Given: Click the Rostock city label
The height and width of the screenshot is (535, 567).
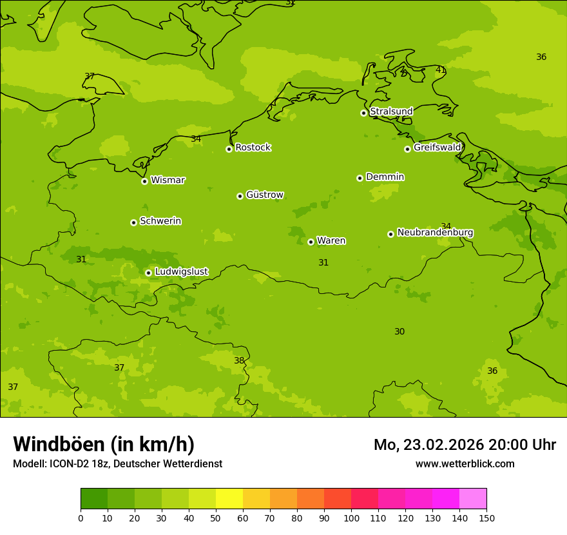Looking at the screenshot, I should tap(253, 148).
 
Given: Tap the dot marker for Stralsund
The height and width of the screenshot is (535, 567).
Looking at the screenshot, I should tap(363, 113).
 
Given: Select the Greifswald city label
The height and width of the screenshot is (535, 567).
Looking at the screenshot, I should tap(437, 148).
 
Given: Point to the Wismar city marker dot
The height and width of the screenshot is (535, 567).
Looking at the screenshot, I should tap(144, 181).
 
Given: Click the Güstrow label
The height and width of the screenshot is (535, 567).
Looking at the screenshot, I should tap(264, 195).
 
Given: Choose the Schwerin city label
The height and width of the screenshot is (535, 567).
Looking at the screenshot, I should tap(160, 221).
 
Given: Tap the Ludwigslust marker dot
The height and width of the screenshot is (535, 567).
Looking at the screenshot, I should tap(148, 273).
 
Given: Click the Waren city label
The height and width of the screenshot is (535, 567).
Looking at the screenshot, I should tap(331, 240).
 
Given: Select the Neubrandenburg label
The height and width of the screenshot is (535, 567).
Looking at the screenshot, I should tap(435, 233).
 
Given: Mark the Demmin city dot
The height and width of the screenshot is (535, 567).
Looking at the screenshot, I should tap(360, 178).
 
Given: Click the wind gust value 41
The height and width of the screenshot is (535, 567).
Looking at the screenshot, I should tap(441, 70).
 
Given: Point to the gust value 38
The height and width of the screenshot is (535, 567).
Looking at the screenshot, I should tap(239, 360).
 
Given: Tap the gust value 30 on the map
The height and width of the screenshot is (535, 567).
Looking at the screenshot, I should tap(399, 331).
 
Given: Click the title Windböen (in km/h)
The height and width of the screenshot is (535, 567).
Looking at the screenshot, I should tap(104, 444).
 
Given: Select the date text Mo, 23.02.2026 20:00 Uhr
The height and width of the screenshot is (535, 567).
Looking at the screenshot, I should tap(465, 445).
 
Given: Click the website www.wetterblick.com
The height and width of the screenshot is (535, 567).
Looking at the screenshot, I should tap(465, 463).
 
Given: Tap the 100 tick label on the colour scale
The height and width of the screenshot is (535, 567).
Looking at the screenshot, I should tap(351, 518).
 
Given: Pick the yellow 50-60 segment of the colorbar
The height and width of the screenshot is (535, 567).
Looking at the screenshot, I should tap(229, 499).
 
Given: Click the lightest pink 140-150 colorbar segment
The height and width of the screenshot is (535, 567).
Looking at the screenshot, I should tap(473, 499).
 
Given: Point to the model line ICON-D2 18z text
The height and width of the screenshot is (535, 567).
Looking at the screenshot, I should tap(117, 463).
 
